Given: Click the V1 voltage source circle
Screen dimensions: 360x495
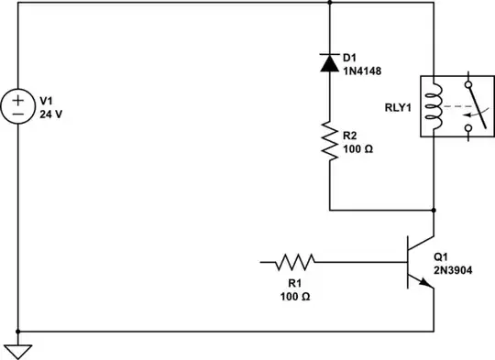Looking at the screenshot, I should (x=18, y=107).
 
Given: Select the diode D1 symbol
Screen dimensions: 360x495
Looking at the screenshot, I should (x=328, y=62).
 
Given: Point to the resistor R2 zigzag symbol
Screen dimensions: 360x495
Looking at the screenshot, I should (x=328, y=140).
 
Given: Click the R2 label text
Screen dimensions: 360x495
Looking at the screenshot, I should (x=351, y=135).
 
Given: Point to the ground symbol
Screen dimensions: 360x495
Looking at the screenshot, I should (x=18, y=349).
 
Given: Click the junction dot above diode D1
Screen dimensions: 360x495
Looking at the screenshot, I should (x=328, y=3).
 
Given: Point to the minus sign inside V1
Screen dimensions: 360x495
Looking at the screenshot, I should (x=18, y=115).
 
